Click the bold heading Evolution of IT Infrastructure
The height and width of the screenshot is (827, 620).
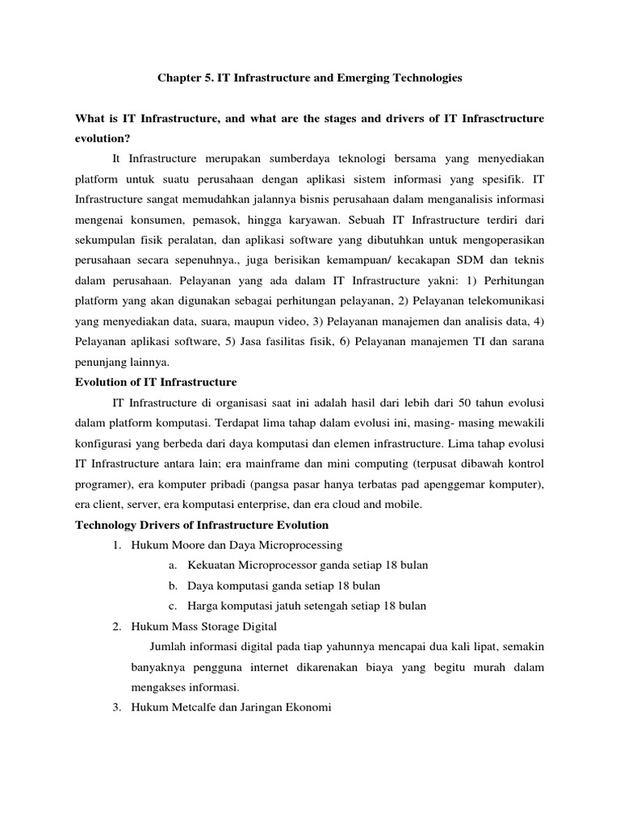tap(156, 381)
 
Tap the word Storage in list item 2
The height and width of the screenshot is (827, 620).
tap(226, 626)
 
